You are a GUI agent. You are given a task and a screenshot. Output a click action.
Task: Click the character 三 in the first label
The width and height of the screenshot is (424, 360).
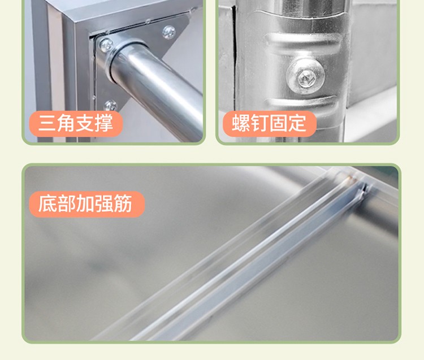pos(47,124)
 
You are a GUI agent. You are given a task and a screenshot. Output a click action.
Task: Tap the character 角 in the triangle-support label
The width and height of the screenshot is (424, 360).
pos(66,124)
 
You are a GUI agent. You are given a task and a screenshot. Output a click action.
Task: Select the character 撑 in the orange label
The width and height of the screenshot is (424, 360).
pos(103,124)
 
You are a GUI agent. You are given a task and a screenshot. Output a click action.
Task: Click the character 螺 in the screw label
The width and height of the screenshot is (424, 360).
pos(241,124)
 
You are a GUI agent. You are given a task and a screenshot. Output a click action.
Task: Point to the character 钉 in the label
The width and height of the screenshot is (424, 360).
pos(259,124)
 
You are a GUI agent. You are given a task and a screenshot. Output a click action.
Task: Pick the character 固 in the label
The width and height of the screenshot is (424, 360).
pos(278,124)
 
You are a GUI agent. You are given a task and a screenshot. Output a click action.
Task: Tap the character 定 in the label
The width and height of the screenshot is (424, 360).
pos(297,124)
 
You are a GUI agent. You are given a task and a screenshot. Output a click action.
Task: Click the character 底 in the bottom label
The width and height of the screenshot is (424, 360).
pos(47,203)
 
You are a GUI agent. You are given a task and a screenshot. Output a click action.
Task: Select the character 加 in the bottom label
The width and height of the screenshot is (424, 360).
pos(85,203)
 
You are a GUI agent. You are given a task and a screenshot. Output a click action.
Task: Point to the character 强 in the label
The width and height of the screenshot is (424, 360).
pos(103,203)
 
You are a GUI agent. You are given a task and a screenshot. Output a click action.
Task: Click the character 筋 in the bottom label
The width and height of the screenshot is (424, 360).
pos(123,203)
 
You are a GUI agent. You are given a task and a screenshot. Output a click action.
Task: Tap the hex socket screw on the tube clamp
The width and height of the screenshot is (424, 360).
pos(305,76)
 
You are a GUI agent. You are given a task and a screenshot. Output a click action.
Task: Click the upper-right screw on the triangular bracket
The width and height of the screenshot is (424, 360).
pos(169,32)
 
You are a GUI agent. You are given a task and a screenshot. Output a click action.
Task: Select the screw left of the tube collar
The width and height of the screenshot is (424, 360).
pos(106,45)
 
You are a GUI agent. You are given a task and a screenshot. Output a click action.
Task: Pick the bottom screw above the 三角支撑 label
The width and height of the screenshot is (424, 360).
pos(110,106)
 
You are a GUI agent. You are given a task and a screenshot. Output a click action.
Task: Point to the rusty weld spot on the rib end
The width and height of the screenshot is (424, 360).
pos(351,178)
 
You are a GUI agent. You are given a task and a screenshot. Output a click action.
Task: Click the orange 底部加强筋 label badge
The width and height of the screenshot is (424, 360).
pos(87,204)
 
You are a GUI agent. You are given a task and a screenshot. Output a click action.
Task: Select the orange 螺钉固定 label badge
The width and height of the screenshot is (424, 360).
pos(270,124)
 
